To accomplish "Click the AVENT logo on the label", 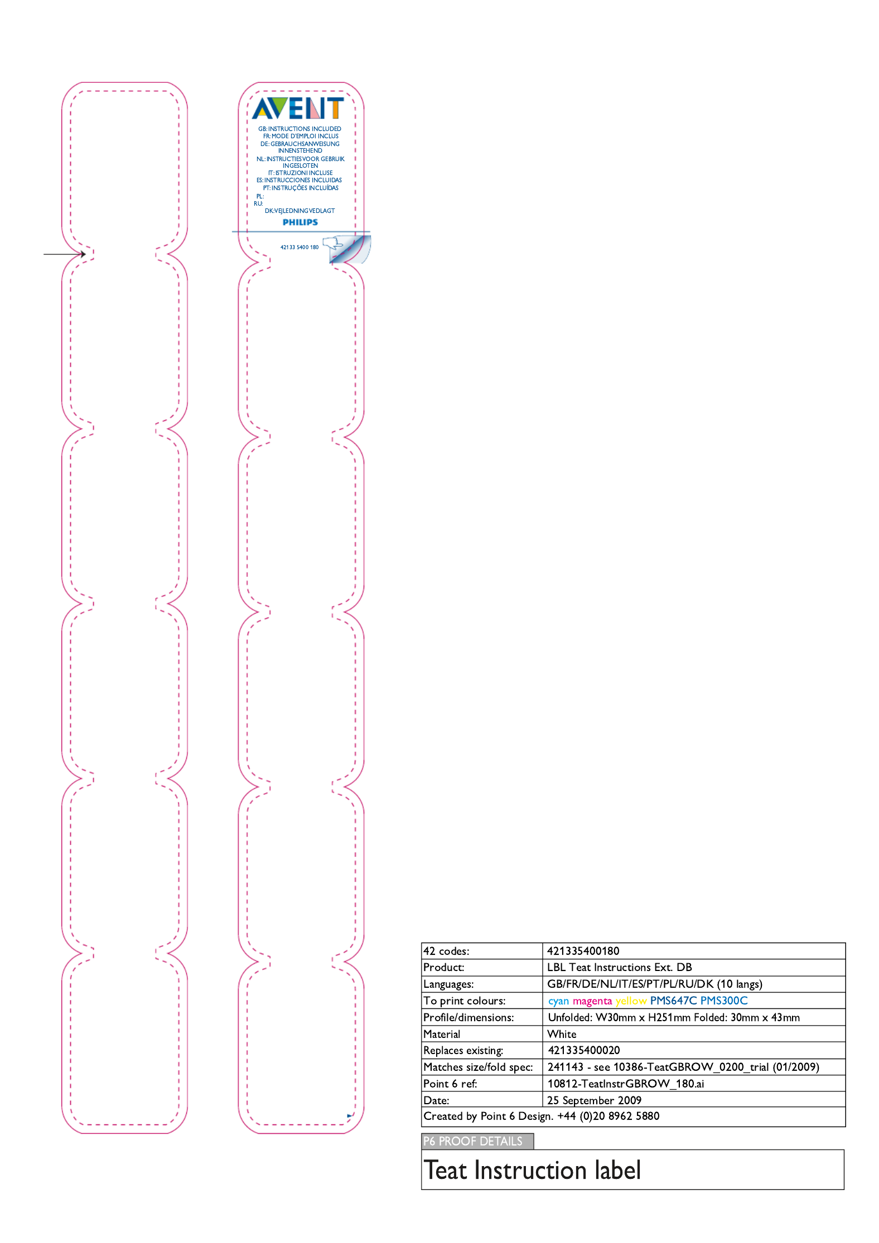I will tap(298, 108).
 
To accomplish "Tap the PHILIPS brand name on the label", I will tap(300, 222).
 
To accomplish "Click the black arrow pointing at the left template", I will tap(65, 254).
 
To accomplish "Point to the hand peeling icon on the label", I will tap(334, 243).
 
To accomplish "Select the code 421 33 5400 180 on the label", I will tap(300, 247).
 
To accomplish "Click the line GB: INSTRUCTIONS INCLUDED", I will tap(300, 129).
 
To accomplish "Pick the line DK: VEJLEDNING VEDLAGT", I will tap(300, 211).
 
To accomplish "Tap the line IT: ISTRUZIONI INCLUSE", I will tap(300, 173).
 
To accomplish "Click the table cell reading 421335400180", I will tap(583, 951).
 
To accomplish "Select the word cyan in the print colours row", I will tap(558, 1001).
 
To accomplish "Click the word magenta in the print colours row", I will tap(592, 1001).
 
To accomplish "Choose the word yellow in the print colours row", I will tap(631, 1001).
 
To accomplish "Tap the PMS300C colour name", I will tap(723, 1001).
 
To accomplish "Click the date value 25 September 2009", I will tap(594, 1100).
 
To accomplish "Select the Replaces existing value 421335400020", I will tap(583, 1050).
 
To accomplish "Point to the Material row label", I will tap(442, 1034).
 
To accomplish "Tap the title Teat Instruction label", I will tap(532, 1170).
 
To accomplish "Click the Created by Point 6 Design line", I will tap(541, 1116).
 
